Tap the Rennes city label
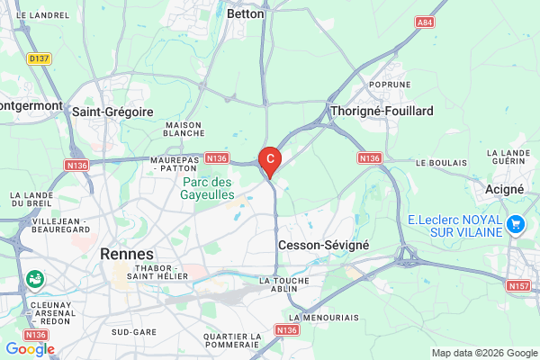click(127, 254)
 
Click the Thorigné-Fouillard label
click(382, 111)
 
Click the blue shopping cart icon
click(515, 222)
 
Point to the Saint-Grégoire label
click(112, 112)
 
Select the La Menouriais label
click(324, 318)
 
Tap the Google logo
click(30, 349)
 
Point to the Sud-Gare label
click(133, 331)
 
